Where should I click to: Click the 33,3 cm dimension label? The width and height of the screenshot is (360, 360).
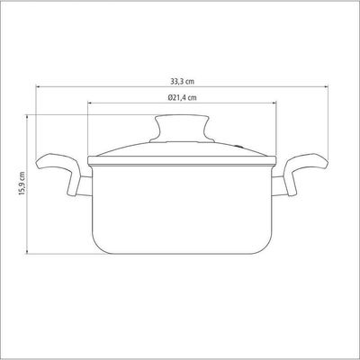pyautogui.click(x=183, y=81)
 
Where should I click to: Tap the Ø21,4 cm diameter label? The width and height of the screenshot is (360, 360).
pyautogui.click(x=182, y=97)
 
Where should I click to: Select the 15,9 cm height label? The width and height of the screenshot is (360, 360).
pyautogui.click(x=22, y=184)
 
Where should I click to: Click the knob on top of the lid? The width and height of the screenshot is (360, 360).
pyautogui.click(x=182, y=129)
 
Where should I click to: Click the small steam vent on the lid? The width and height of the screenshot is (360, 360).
pyautogui.click(x=239, y=146)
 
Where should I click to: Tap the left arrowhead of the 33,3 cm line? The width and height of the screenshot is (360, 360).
pyautogui.click(x=38, y=87)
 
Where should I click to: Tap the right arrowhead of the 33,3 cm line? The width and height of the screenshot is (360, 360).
pyautogui.click(x=326, y=87)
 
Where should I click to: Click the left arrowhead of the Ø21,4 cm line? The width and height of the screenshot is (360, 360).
pyautogui.click(x=90, y=103)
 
